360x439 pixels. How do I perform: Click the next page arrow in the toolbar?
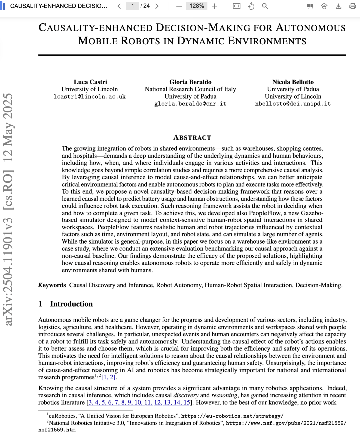click(x=157, y=6)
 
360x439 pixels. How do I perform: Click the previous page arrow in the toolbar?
click(x=119, y=6)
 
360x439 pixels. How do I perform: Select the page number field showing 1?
click(x=132, y=6)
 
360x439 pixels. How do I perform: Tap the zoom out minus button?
click(x=179, y=6)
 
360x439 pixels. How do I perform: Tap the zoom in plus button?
click(x=214, y=6)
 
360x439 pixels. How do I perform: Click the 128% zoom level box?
click(x=197, y=6)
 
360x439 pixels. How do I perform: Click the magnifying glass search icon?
click(x=265, y=6)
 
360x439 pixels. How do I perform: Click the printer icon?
click(x=353, y=6)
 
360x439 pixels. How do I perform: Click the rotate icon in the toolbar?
click(x=251, y=6)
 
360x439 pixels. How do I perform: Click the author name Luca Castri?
click(x=90, y=82)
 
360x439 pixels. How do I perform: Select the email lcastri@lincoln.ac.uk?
click(x=90, y=97)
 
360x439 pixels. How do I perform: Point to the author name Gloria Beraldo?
click(x=190, y=82)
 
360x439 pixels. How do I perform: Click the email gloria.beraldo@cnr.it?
click(x=190, y=104)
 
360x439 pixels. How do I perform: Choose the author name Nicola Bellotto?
click(x=293, y=82)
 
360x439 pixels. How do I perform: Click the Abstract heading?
click(x=192, y=138)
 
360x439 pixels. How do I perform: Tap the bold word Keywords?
click(x=52, y=285)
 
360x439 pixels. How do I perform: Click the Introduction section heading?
click(x=71, y=304)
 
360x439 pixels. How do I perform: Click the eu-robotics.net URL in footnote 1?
click(x=232, y=416)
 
